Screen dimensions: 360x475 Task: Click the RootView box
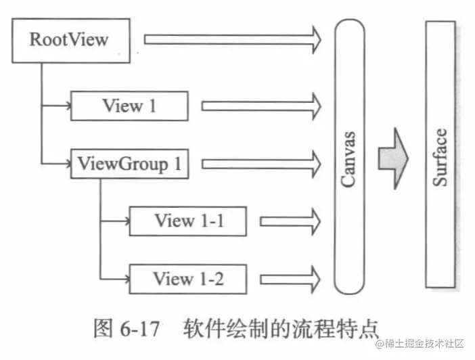69,40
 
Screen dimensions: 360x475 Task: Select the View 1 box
129,106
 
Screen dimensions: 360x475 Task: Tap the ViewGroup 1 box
129,164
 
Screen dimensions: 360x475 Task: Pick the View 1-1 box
188,221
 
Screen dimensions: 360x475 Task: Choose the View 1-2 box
188,278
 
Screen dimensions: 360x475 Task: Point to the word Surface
440,157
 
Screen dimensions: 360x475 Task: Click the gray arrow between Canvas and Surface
392,158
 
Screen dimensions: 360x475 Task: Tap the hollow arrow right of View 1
261,106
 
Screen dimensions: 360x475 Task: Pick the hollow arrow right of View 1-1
290,221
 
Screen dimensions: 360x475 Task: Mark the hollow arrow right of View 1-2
290,278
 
